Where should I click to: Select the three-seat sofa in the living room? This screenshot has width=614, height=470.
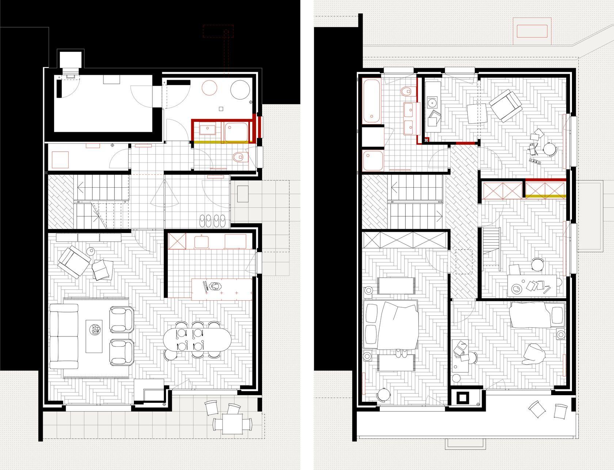64,336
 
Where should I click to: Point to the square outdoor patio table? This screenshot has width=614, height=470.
232,424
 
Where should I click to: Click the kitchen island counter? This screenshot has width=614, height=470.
222,288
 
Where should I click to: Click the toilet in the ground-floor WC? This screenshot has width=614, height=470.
238,157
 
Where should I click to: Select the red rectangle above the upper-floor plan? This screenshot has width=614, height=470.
532,31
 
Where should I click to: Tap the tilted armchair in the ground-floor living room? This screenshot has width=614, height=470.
75,261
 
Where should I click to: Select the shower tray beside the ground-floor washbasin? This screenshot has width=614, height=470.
236,131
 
